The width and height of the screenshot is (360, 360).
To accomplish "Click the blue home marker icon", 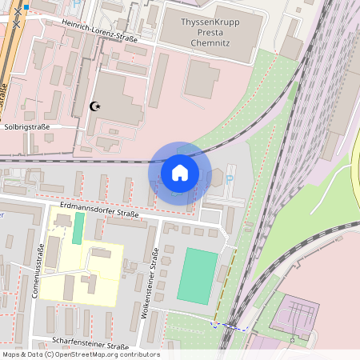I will click(180, 172).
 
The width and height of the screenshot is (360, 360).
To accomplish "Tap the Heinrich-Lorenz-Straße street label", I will click(98, 31).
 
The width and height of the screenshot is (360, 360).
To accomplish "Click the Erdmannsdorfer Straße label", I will click(99, 210).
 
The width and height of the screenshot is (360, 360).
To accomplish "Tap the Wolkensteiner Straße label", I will click(151, 284).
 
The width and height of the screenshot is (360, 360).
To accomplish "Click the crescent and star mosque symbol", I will click(96, 106).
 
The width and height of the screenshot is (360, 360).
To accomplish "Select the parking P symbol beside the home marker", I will click(230, 179).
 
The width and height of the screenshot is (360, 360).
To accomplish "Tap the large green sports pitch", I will click(197, 275).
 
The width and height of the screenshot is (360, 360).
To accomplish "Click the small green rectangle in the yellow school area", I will click(78, 229).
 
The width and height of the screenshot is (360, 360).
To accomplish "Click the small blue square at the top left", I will click(26, 7).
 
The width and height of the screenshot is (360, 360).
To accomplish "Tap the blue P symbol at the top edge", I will click(76, 3).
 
